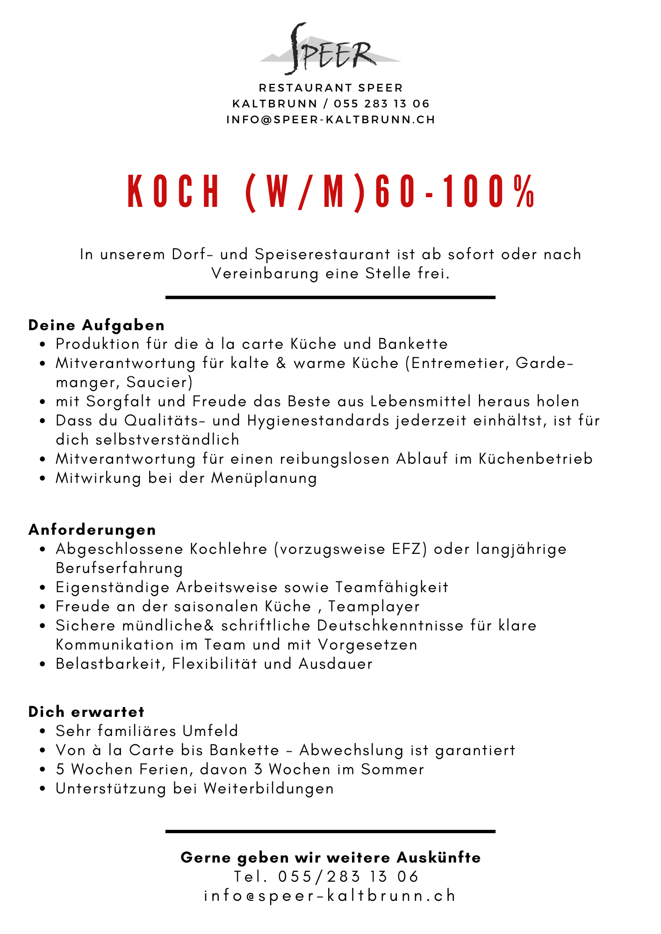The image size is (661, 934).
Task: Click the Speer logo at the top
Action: coord(330,49)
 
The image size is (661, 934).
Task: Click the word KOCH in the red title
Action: coord(173,191)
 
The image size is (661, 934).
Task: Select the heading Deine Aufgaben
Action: coord(97,325)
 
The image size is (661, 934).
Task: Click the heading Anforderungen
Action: coord(93,530)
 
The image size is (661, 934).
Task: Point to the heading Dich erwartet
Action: coord(86,712)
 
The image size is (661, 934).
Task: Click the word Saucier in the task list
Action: coord(159,382)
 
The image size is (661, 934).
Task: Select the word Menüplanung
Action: coord(265,478)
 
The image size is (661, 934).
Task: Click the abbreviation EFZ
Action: coord(410,549)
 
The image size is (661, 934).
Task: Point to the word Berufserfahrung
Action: coord(119,568)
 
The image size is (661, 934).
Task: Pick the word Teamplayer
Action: coord(374,606)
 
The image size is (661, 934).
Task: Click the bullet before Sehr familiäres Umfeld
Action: coord(43,731)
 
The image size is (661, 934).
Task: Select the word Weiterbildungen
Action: coord(269,788)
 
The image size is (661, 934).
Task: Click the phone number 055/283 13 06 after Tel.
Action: coord(349,877)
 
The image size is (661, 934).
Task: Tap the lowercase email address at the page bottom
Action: coord(330,896)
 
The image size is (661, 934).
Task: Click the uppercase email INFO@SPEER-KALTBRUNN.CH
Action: coord(330,120)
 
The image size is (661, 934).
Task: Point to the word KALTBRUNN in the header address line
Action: coord(275,104)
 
